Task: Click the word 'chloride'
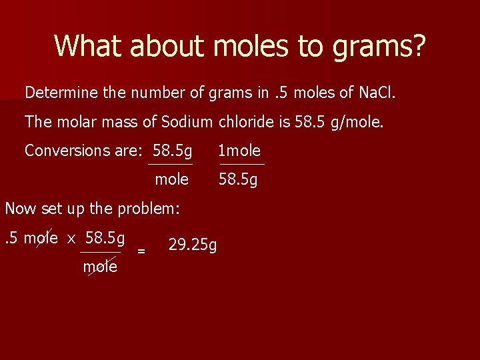pos(249,121)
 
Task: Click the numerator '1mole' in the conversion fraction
pos(239,151)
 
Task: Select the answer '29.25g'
pos(193,245)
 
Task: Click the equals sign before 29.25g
pos(141,251)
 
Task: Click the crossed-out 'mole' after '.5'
pos(40,238)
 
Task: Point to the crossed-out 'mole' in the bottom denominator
pos(100,267)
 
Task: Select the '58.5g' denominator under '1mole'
pos(239,180)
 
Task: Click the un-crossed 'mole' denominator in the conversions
pos(172,179)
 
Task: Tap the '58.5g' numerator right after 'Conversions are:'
pos(172,151)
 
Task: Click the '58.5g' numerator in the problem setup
pos(105,238)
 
